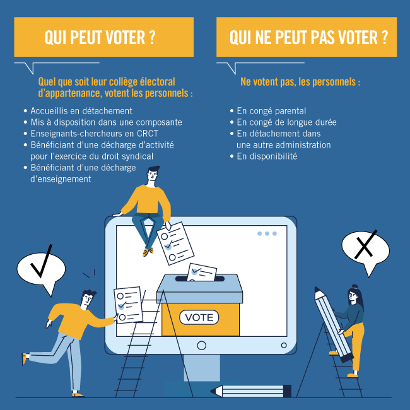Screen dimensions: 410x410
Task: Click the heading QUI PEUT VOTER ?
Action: tap(100, 37)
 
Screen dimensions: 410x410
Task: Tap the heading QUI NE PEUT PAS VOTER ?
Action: tap(308, 37)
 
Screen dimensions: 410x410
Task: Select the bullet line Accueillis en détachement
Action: tap(81, 111)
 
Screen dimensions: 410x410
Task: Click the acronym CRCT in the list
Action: tap(148, 134)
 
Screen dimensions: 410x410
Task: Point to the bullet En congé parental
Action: tap(271, 111)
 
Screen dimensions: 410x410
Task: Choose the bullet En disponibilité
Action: tap(267, 156)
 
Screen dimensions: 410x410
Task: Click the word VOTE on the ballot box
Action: tap(199, 317)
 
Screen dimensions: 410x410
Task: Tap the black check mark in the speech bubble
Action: tap(41, 262)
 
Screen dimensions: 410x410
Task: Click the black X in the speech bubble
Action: tap(365, 245)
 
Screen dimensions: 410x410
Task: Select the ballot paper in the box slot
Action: tap(202, 272)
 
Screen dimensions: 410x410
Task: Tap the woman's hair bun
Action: tap(354, 286)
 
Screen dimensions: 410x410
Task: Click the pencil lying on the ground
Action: tap(251, 391)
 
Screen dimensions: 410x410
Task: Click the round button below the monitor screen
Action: tap(201, 346)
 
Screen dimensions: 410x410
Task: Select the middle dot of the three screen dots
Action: tap(267, 233)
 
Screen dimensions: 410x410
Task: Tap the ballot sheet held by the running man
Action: tap(129, 305)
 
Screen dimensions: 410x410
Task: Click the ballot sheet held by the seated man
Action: tap(175, 243)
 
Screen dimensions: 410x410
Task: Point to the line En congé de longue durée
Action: tap(286, 122)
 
